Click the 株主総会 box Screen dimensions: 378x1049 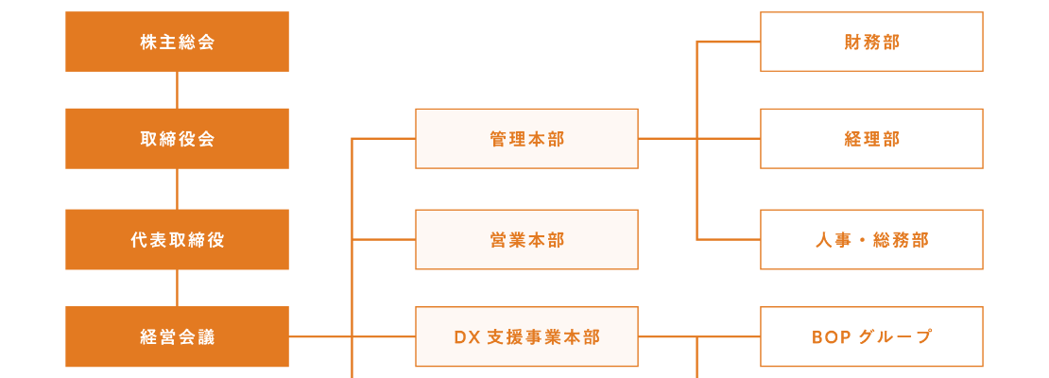tap(177, 42)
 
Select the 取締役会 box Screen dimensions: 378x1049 tap(177, 139)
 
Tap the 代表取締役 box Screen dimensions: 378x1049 tap(177, 239)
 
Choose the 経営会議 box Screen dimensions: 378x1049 tap(177, 336)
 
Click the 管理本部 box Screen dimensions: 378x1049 tap(526, 139)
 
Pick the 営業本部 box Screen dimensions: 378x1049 tap(526, 239)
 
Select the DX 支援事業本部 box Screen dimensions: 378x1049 tap(526, 336)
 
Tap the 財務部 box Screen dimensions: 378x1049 tap(871, 42)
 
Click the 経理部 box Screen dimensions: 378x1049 tap(871, 139)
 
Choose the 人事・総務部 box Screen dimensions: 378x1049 tap(871, 239)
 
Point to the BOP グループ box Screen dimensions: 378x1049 tap(871, 336)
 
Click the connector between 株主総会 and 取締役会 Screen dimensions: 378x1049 tap(177, 90)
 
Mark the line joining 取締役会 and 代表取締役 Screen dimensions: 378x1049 tap(177, 189)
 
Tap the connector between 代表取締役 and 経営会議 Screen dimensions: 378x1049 tap(177, 288)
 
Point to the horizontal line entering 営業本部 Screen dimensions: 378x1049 tap(384, 239)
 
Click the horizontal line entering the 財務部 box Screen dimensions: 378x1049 tap(729, 42)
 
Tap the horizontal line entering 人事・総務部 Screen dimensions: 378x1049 tap(729, 239)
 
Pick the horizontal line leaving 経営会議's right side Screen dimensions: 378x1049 tap(319, 336)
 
